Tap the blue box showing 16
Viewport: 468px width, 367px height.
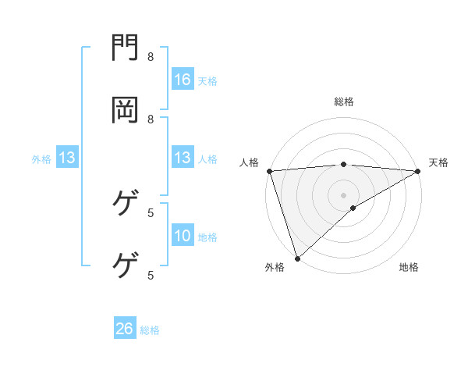coord(183,80)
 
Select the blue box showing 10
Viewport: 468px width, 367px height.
coord(183,237)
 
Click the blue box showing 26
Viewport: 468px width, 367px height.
coord(125,329)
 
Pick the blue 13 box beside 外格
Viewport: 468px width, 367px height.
coord(67,159)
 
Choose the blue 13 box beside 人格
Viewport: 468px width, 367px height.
coord(183,159)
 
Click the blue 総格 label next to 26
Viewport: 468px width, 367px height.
coord(151,330)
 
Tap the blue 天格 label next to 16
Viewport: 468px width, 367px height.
coord(207,80)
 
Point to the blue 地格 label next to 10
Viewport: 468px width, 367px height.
coord(207,237)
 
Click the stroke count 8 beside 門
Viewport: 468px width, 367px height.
coord(151,57)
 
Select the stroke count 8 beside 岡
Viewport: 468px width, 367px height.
coord(151,119)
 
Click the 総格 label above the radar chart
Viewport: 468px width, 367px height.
coord(344,102)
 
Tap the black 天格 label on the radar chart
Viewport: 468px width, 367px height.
coord(438,162)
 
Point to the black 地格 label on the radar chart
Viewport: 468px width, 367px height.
coord(409,267)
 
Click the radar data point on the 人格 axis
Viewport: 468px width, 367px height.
coord(269,171)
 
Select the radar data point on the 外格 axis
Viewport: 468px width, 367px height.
coord(297,258)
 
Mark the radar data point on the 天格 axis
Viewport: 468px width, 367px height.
coord(418,171)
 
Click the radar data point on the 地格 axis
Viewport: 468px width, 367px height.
coord(353,208)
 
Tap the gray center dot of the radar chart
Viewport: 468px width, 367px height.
coord(344,194)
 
